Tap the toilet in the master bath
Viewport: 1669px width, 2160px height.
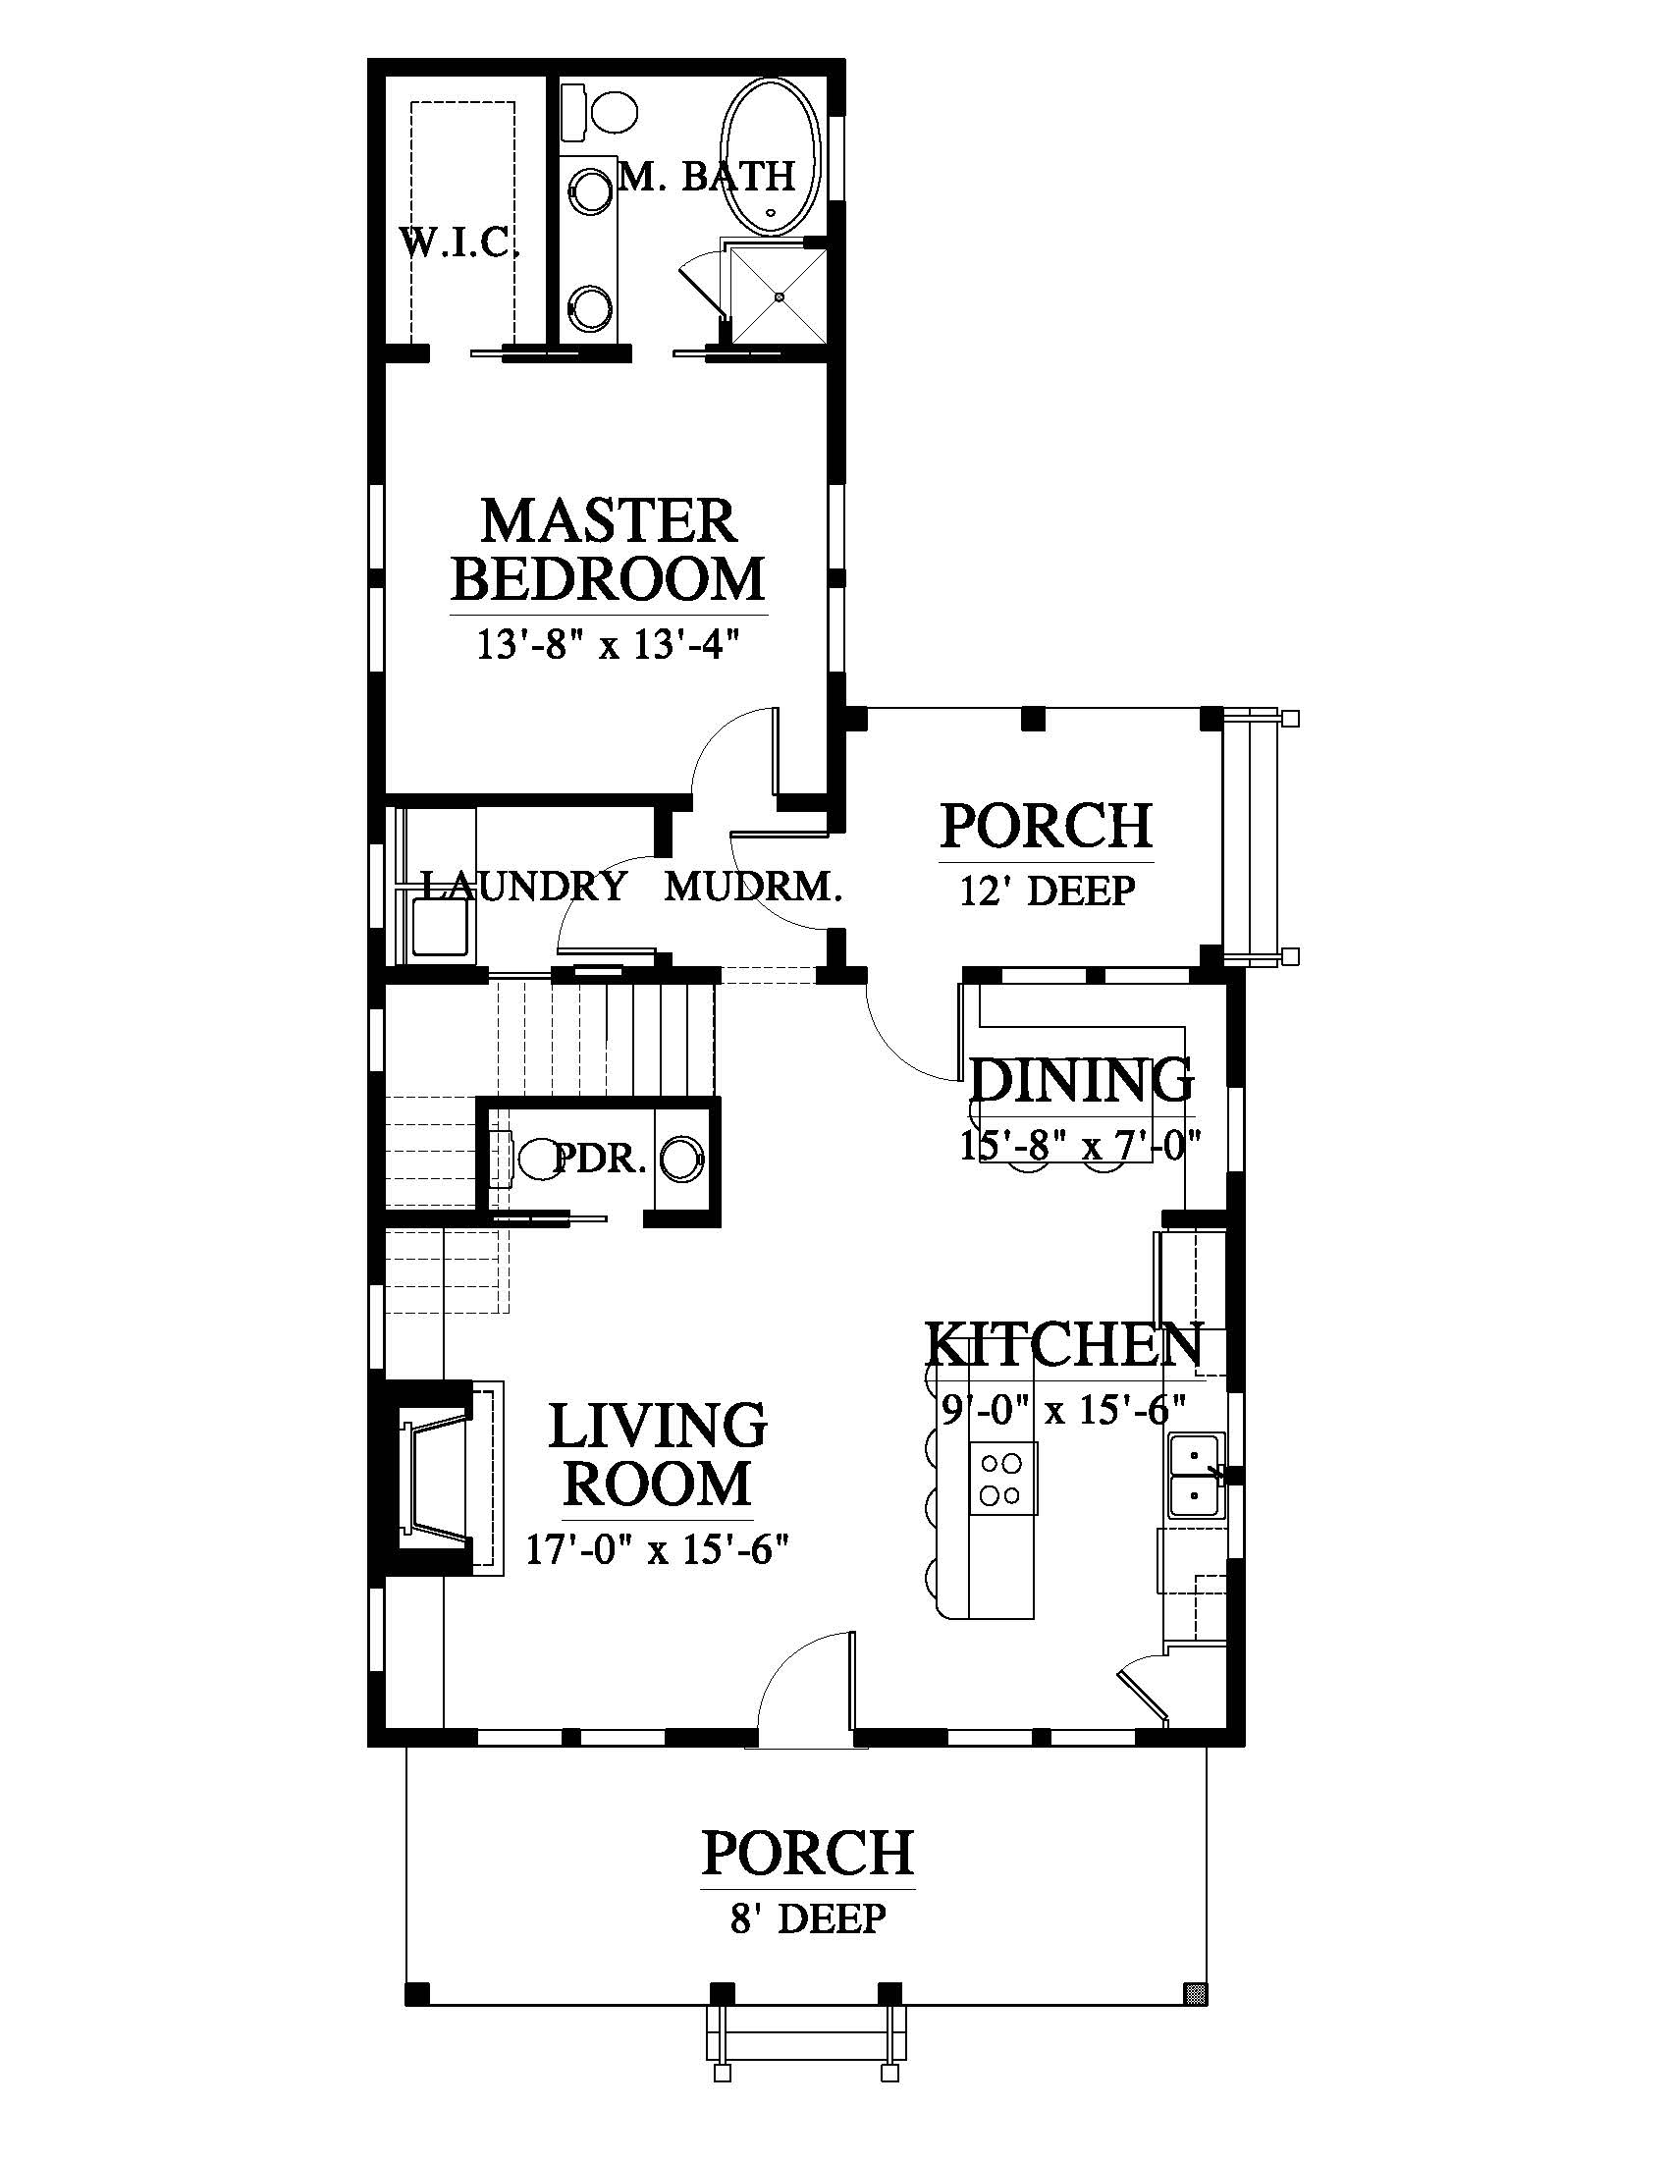pyautogui.click(x=599, y=111)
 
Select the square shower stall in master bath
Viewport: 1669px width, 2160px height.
pyautogui.click(x=779, y=294)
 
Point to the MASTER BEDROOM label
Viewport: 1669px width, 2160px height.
pyautogui.click(x=609, y=550)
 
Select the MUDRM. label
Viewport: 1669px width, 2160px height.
pyautogui.click(x=752, y=888)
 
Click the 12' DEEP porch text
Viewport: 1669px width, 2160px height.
pyautogui.click(x=1048, y=891)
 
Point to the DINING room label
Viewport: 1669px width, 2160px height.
pyautogui.click(x=1082, y=1080)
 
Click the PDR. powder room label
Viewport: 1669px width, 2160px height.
pyautogui.click(x=600, y=1159)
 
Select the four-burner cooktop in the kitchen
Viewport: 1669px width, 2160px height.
pyautogui.click(x=1003, y=1478)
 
